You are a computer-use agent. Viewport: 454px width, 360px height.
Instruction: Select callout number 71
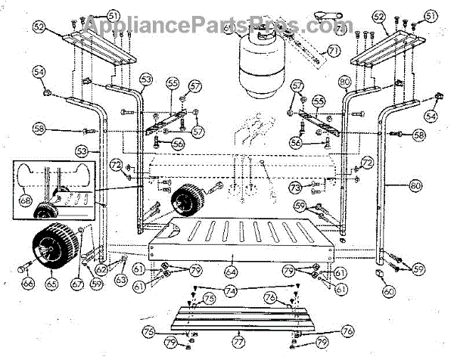click(330, 51)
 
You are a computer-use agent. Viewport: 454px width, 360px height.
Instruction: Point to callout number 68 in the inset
click(26, 201)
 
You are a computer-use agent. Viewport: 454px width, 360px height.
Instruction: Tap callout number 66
click(28, 284)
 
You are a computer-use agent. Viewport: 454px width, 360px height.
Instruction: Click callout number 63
click(121, 279)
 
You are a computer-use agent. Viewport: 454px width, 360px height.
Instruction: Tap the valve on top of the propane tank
click(263, 32)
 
